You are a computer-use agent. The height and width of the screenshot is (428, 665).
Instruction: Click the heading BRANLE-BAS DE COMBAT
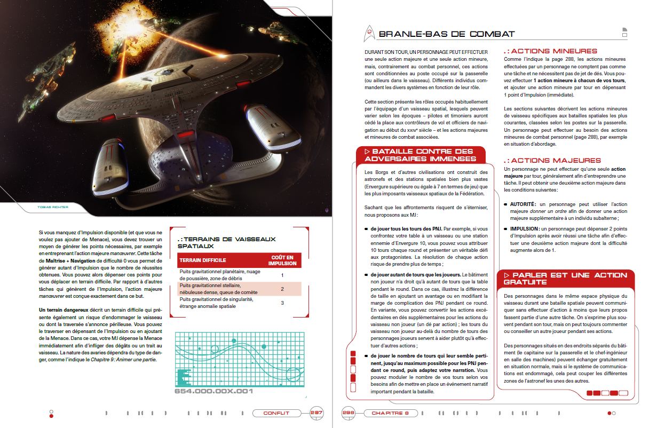pyautogui.click(x=446, y=34)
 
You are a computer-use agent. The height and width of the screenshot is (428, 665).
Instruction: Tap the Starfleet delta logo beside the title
pyautogui.click(x=368, y=34)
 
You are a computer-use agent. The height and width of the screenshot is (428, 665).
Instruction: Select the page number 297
pyautogui.click(x=316, y=413)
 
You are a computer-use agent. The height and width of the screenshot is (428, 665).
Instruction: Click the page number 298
pyautogui.click(x=349, y=413)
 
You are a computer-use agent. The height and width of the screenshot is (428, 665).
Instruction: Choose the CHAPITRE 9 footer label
pyautogui.click(x=390, y=413)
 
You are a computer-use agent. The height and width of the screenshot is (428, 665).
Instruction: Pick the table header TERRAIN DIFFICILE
pyautogui.click(x=203, y=260)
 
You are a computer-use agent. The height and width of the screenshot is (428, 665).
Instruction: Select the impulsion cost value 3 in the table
pyautogui.click(x=282, y=303)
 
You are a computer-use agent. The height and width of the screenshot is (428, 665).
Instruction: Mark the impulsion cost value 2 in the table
pyautogui.click(x=282, y=289)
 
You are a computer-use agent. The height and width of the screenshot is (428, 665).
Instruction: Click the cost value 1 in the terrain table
pyautogui.click(x=282, y=275)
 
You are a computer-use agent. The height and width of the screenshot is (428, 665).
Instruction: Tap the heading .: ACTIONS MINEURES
pyautogui.click(x=550, y=51)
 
